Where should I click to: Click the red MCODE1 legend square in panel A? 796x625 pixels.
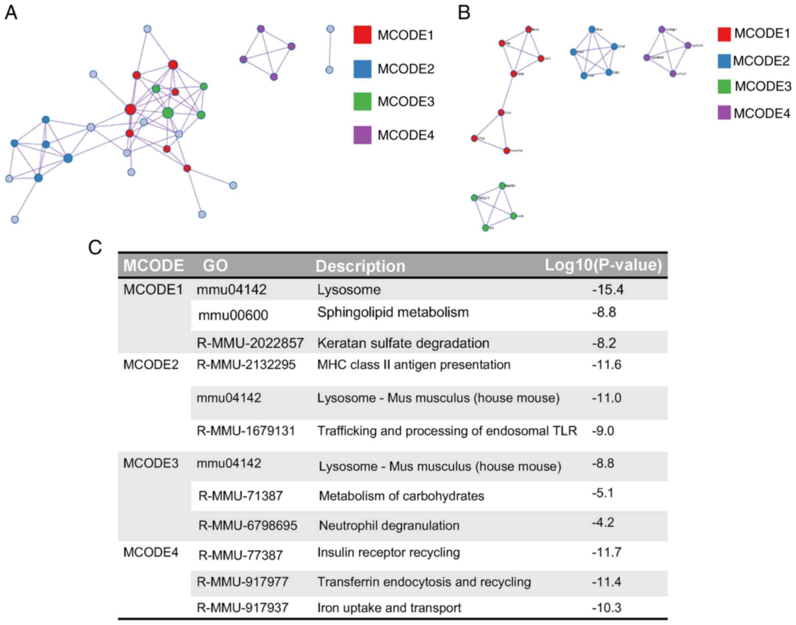coord(362,34)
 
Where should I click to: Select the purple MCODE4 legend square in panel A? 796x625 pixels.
coord(362,135)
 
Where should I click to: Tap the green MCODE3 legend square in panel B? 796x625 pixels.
coord(724,87)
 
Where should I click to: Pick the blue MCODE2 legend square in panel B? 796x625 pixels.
coord(724,61)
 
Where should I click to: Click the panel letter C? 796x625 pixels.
coord(95,247)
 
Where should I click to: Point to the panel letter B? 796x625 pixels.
coord(464,13)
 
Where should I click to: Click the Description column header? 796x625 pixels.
coord(360,266)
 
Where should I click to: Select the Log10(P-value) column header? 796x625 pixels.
coord(603,265)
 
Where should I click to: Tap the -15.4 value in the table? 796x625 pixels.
coord(608,290)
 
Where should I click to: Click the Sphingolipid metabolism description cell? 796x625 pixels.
coord(393,312)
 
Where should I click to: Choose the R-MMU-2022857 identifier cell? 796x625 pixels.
coord(250,343)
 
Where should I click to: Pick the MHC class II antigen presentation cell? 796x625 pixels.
coord(414,365)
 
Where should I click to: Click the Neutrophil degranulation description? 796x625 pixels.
coord(389,526)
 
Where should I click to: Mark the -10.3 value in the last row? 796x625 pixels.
coord(606,608)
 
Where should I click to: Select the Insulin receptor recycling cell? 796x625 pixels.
coord(389,553)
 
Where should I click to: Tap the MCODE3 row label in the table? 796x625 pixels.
coord(151,463)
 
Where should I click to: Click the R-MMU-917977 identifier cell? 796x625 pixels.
coord(242,582)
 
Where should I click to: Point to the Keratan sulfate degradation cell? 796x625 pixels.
coord(403,343)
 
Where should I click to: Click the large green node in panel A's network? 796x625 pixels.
coord(168,113)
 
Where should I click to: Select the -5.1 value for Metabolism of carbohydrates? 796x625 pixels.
coord(603,493)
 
